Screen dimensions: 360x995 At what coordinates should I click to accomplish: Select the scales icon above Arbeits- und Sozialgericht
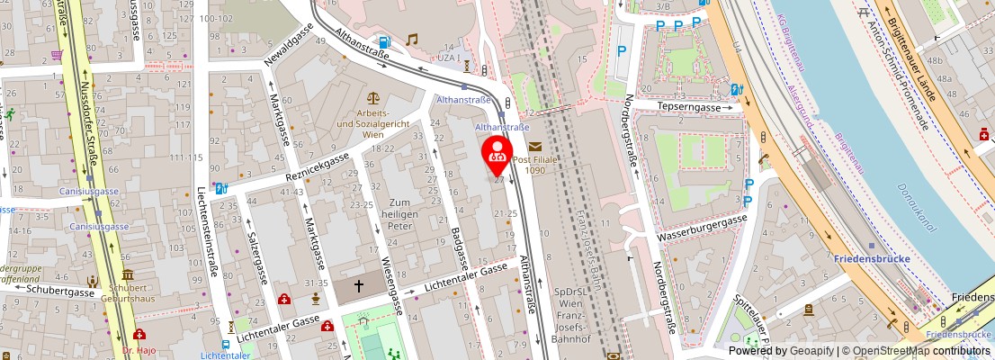372,97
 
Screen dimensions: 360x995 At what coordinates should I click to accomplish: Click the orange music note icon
412,40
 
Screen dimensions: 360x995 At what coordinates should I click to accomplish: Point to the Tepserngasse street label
689,106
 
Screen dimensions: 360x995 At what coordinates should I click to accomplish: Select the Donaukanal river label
917,208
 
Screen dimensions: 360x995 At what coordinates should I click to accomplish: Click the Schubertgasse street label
60,292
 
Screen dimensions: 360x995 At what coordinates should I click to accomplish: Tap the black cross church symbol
358,287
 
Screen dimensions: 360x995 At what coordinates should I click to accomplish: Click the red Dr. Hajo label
139,349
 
